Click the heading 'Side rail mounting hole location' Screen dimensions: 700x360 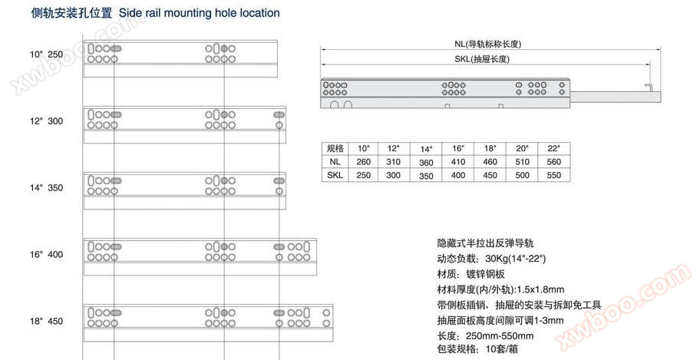[x=199, y=13]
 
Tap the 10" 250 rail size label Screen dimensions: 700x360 [x=46, y=54]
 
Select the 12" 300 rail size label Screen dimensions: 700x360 [x=46, y=121]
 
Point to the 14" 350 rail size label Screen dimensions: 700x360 [x=46, y=187]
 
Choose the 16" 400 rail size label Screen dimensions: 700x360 [x=46, y=255]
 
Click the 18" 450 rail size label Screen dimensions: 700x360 [x=46, y=321]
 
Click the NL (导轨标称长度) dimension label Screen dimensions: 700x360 [x=488, y=44]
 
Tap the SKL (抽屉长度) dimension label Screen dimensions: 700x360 [x=482, y=59]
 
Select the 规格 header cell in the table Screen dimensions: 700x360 [x=335, y=148]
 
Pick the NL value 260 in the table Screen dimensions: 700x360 [x=363, y=162]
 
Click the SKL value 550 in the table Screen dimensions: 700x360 [x=553, y=175]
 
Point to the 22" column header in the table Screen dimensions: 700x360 [x=553, y=148]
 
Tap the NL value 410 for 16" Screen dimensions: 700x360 [x=458, y=162]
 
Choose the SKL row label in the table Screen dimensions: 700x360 [x=335, y=175]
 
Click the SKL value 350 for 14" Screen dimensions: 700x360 [x=426, y=176]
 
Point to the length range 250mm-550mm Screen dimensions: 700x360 [x=500, y=336]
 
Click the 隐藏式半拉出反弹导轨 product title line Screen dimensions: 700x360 [x=485, y=243]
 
